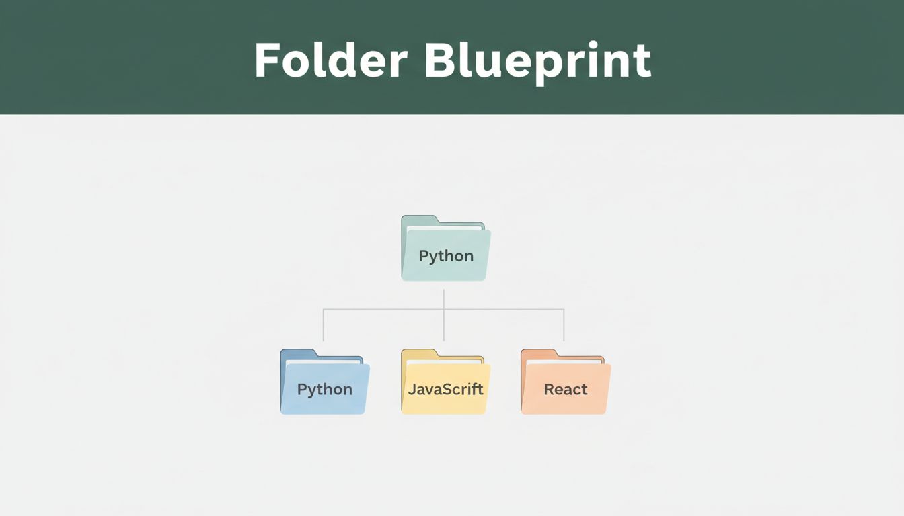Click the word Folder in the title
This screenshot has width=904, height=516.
point(330,60)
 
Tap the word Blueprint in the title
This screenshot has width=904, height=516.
point(538,63)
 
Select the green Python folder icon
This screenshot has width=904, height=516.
point(445,248)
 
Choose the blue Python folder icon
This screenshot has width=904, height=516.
point(325,382)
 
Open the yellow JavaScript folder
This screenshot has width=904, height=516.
point(445,382)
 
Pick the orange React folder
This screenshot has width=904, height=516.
point(566,382)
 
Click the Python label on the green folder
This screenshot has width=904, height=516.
point(446,256)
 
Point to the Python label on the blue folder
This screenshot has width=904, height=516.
point(325,390)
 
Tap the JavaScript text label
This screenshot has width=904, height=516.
point(445,389)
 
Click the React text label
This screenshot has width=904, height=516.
point(566,389)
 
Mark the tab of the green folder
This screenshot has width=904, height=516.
point(420,220)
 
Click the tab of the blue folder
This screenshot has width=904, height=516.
point(299,353)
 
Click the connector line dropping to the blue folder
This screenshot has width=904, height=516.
point(324,325)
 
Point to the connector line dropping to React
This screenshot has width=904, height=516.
point(564,325)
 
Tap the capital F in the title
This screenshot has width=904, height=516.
point(266,60)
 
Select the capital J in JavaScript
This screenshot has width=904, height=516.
point(412,389)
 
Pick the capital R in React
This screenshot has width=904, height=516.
point(549,389)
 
